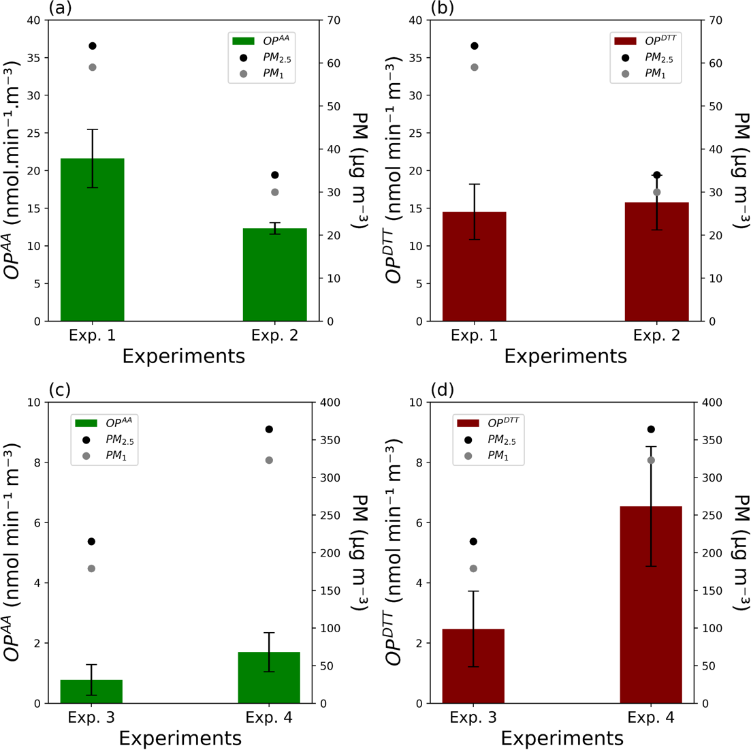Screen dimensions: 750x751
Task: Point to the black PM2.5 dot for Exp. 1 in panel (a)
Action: coord(93,46)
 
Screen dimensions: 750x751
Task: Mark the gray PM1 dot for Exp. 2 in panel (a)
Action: coord(275,192)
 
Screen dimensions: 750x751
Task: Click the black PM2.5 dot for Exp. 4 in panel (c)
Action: coord(269,429)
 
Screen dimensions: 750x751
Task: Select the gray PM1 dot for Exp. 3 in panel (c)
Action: coord(91,569)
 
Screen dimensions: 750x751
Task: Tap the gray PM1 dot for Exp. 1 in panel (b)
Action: coord(475,67)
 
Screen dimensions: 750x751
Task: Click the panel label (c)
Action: coord(60,390)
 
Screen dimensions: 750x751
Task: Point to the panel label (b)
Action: coord(443,8)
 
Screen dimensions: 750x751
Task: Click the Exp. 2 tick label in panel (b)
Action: coord(656,335)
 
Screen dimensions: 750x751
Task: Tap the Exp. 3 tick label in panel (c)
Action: coord(91,717)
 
